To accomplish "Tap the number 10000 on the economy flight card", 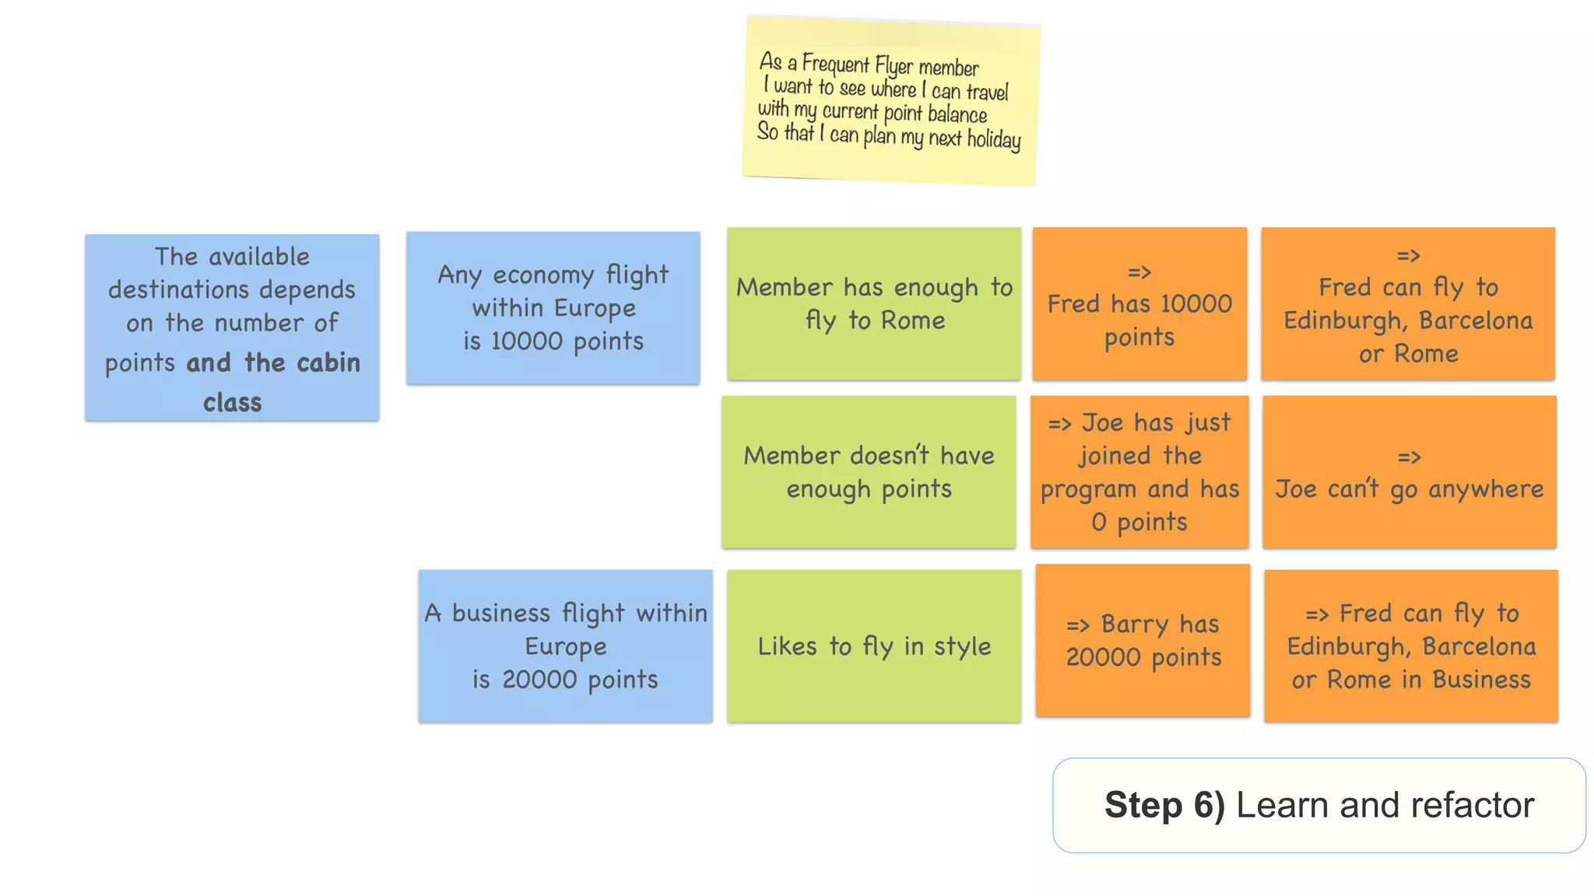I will click(x=526, y=341).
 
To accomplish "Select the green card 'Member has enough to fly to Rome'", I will click(x=873, y=303).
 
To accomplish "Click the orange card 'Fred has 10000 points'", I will click(x=1139, y=303).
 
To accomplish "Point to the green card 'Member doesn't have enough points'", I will click(x=869, y=472).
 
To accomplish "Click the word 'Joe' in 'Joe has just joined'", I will click(x=1102, y=422).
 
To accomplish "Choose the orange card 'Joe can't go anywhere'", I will click(x=1409, y=472).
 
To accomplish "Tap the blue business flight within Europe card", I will click(x=565, y=646).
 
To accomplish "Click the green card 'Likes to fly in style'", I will click(x=873, y=646).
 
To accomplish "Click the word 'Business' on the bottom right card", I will click(x=1481, y=680).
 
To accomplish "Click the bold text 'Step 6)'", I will click(x=1164, y=805).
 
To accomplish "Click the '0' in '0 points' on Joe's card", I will click(x=1098, y=522).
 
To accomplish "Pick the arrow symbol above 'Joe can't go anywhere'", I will click(x=1409, y=457).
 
